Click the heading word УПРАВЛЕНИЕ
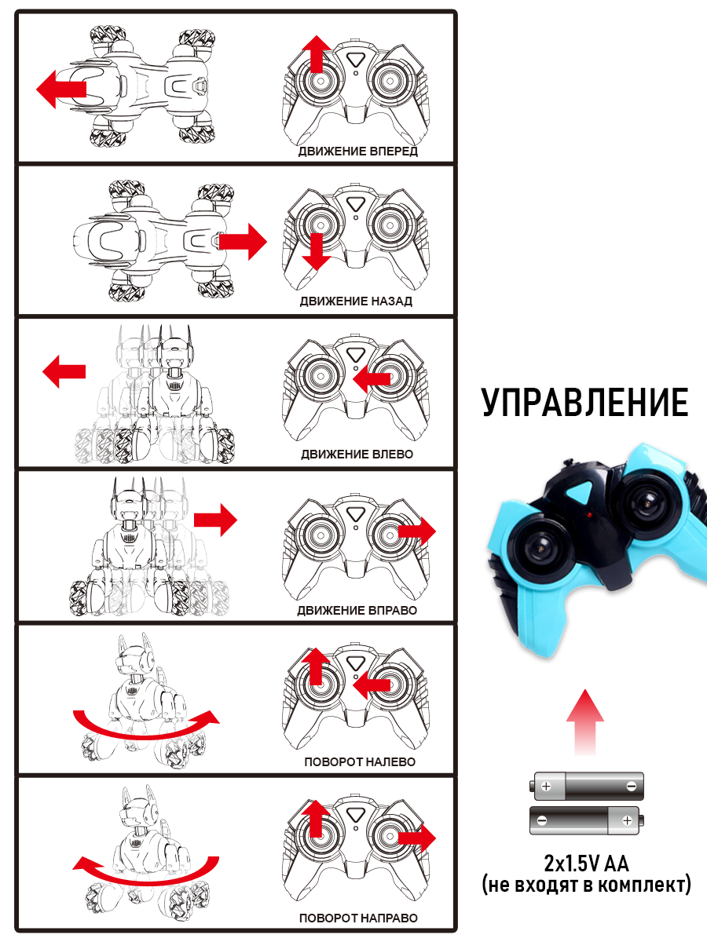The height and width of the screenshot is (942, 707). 585,403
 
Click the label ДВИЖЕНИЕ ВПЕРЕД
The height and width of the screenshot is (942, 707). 357,151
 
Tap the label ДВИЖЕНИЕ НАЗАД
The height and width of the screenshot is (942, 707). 356,301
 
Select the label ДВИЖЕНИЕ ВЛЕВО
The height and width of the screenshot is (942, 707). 356,455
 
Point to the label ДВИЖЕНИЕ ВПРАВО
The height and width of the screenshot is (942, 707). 357,610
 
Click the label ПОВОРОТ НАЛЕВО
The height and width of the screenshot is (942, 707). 360,761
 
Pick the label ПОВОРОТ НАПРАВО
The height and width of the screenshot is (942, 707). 358,918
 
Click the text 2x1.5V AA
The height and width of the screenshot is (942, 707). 586,864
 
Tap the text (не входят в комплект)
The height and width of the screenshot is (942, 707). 586,885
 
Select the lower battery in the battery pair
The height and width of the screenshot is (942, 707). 587,820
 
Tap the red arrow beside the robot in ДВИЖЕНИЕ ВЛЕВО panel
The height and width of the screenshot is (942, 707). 64,371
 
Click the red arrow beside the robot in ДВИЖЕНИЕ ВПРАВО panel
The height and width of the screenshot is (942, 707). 214,519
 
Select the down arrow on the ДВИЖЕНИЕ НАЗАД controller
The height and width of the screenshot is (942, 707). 316,250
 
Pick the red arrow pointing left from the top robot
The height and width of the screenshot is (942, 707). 61,88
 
